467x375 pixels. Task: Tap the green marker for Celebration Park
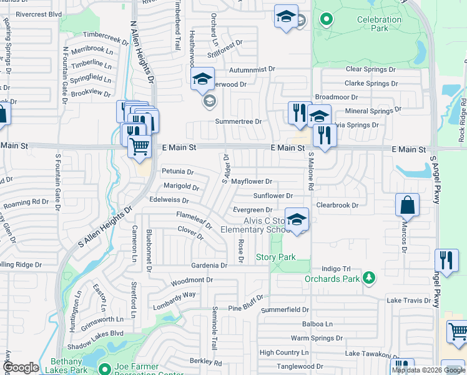(x=325, y=19)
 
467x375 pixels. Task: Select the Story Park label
(x=275, y=257)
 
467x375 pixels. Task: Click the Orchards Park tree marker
(x=370, y=277)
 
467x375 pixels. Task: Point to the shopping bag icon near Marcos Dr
(x=407, y=204)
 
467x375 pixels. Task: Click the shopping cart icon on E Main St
(x=140, y=146)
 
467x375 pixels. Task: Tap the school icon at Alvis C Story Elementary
(x=297, y=219)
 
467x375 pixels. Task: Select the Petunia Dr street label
(x=178, y=171)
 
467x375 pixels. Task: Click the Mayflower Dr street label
(x=252, y=182)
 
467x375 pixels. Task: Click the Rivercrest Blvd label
(x=39, y=14)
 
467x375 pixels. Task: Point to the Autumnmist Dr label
(x=252, y=69)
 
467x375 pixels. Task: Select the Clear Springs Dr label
(x=371, y=69)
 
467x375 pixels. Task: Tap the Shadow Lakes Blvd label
(x=96, y=334)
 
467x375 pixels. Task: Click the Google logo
(x=21, y=368)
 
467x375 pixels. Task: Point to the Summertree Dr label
(x=237, y=121)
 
